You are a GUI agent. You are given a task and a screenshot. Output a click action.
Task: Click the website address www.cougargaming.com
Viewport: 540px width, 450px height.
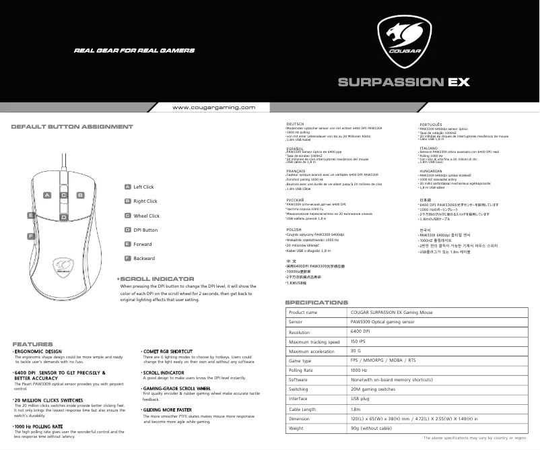coord(213,108)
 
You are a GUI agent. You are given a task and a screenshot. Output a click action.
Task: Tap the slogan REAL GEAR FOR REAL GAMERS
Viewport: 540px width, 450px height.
coord(134,51)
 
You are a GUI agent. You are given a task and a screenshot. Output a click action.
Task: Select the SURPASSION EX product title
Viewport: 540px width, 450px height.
coord(403,83)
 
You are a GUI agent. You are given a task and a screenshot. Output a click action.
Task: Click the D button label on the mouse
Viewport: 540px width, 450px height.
coord(64,217)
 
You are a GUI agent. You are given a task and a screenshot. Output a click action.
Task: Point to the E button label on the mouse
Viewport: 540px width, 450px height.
coord(31,215)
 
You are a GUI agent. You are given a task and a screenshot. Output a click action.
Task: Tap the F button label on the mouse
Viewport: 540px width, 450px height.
coord(31,236)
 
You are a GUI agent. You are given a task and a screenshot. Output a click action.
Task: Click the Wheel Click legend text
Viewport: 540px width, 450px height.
coord(146,216)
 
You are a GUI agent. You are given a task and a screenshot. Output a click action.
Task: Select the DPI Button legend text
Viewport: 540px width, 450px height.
coord(145,230)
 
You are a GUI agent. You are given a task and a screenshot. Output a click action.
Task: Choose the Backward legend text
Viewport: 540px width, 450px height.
coord(144,259)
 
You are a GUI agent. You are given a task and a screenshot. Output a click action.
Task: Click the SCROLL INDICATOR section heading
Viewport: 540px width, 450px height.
coord(157,278)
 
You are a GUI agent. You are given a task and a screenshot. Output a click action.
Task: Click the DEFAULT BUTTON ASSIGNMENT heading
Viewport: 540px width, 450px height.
coord(72,127)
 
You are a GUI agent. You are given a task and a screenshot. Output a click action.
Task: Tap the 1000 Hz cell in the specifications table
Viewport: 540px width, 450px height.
coord(359,371)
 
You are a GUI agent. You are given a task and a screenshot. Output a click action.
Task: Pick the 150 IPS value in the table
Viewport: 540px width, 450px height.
coord(358,342)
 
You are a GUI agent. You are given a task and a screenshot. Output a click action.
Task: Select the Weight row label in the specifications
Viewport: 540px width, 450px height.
coord(296,428)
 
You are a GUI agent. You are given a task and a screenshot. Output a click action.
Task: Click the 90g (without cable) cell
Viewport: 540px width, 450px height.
coord(372,428)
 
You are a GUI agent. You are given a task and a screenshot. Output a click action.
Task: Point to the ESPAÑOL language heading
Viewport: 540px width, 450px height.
coord(297,148)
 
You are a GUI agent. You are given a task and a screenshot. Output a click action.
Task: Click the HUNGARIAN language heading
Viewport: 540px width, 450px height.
coord(430,171)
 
